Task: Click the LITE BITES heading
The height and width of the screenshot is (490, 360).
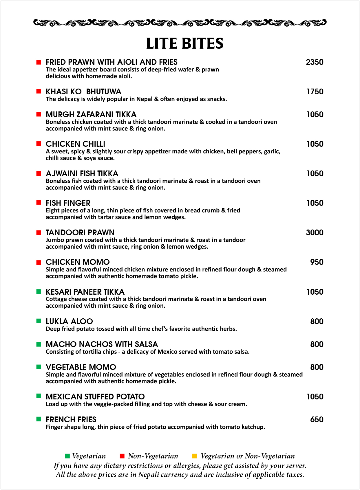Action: (184, 44)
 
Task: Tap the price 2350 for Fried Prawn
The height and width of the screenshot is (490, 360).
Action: (315, 62)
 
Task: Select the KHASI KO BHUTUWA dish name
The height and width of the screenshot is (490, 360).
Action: (83, 92)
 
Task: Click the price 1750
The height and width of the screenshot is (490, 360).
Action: (315, 92)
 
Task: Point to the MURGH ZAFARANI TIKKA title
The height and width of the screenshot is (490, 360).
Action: (91, 115)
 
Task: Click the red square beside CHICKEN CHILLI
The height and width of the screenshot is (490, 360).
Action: (39, 144)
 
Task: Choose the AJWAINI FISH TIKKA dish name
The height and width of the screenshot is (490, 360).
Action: (82, 174)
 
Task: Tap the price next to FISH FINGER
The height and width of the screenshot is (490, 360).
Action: (315, 203)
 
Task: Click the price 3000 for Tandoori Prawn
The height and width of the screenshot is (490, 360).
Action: (315, 233)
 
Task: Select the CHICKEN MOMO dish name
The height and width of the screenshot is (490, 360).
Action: (78, 262)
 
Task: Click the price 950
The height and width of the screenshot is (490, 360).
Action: (317, 262)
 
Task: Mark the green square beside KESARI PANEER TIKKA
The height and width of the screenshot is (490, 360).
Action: (39, 291)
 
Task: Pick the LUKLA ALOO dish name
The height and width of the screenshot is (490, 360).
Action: (69, 322)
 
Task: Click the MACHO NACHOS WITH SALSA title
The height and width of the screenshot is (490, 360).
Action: (102, 344)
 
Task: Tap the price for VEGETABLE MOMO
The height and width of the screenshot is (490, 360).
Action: (317, 367)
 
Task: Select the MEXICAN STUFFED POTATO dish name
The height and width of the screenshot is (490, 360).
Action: (95, 397)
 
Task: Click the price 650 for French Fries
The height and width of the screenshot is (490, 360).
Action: (317, 420)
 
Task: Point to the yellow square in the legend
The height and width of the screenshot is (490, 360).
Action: (194, 456)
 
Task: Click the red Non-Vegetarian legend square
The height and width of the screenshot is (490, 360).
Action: (122, 456)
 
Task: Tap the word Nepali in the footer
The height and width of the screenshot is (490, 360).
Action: (148, 475)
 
